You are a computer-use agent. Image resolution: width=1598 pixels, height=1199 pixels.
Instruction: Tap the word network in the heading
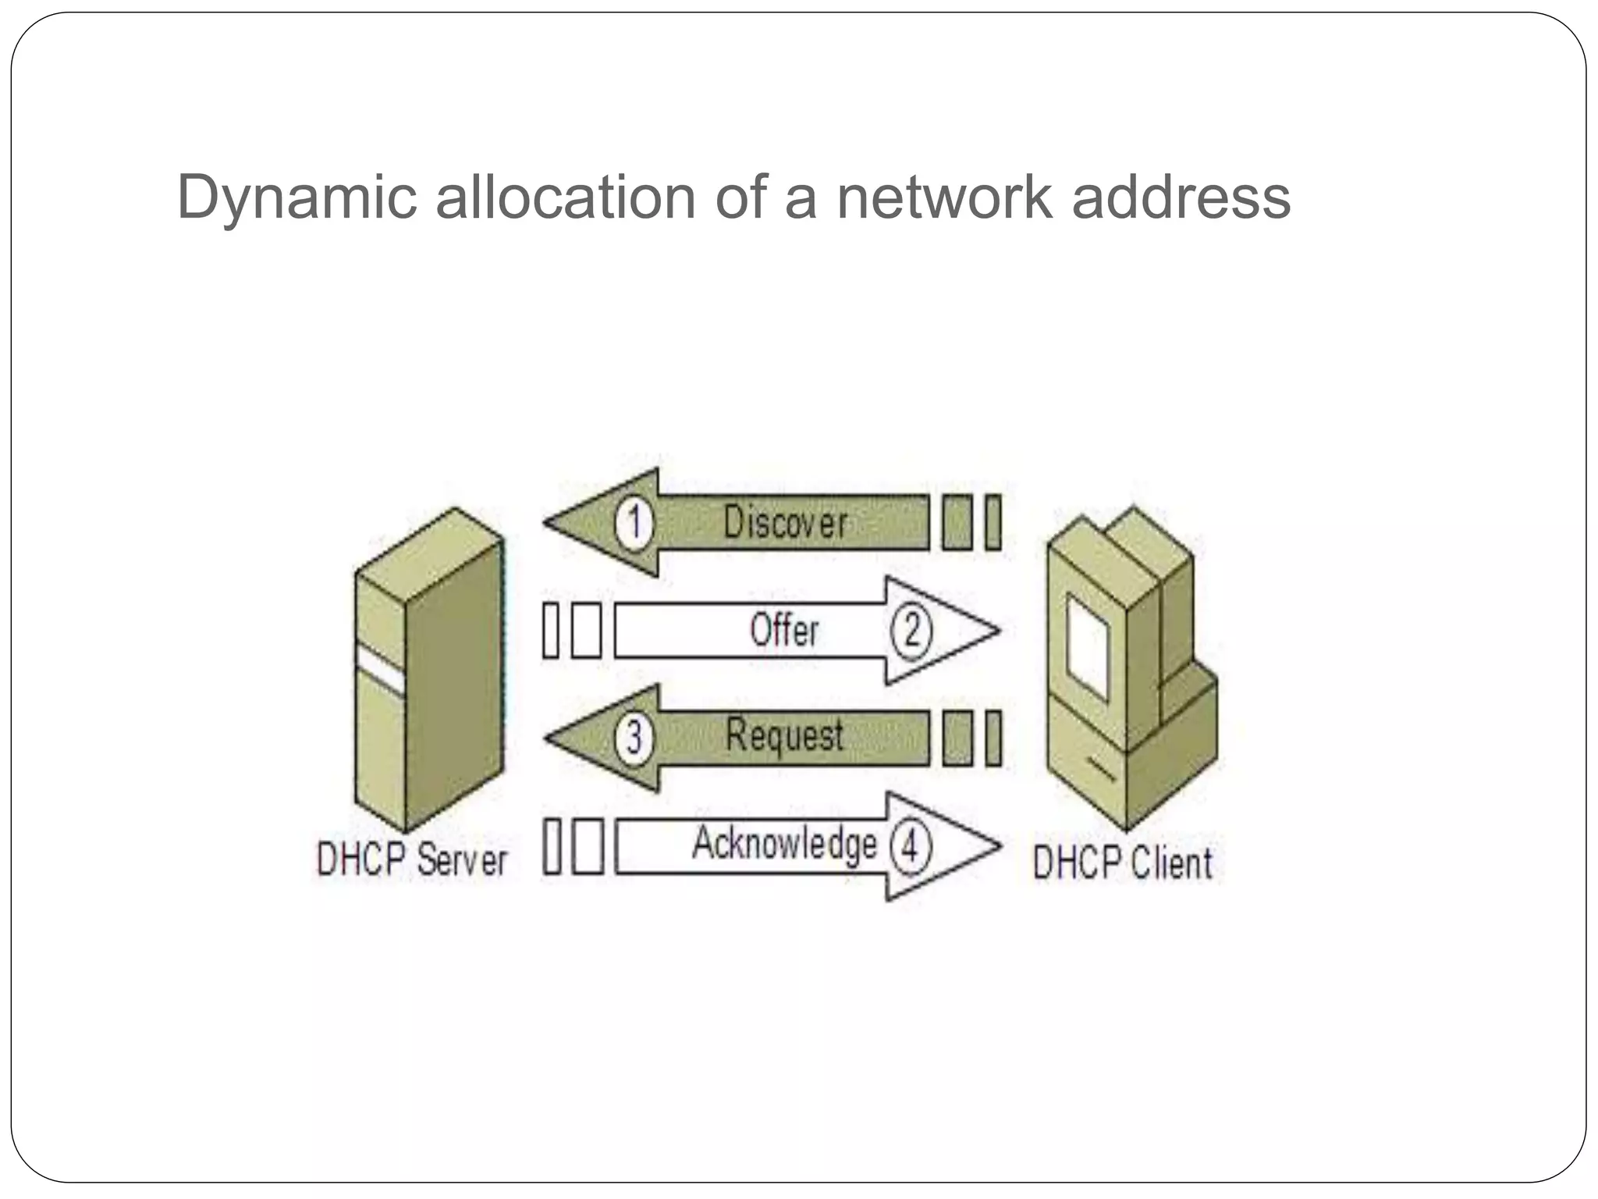pos(945,197)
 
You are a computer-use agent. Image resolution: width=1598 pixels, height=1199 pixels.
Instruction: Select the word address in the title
pos(1181,197)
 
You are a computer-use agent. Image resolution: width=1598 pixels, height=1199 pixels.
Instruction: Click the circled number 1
pos(634,522)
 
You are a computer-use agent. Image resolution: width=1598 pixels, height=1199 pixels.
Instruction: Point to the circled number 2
pos(911,630)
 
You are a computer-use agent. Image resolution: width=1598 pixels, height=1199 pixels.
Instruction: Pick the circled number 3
pos(634,738)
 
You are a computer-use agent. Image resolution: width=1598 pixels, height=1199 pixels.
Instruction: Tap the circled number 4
pos(910,845)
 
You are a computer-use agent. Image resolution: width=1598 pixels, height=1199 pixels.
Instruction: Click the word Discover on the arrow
pos(784,522)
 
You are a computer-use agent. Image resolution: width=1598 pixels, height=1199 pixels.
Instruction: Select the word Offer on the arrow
pos(784,630)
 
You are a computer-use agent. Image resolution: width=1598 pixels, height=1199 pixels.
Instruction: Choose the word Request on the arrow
pos(784,736)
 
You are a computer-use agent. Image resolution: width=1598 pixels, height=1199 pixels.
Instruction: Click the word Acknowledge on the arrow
pos(784,844)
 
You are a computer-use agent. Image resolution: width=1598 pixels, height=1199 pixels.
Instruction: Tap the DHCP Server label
pos(411,859)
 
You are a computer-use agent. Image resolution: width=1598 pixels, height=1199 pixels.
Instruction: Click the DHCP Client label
pos(1122,863)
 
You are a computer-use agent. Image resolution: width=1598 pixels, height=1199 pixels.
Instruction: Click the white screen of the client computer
pos(1087,647)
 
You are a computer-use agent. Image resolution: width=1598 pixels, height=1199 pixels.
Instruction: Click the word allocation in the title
pos(565,197)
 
